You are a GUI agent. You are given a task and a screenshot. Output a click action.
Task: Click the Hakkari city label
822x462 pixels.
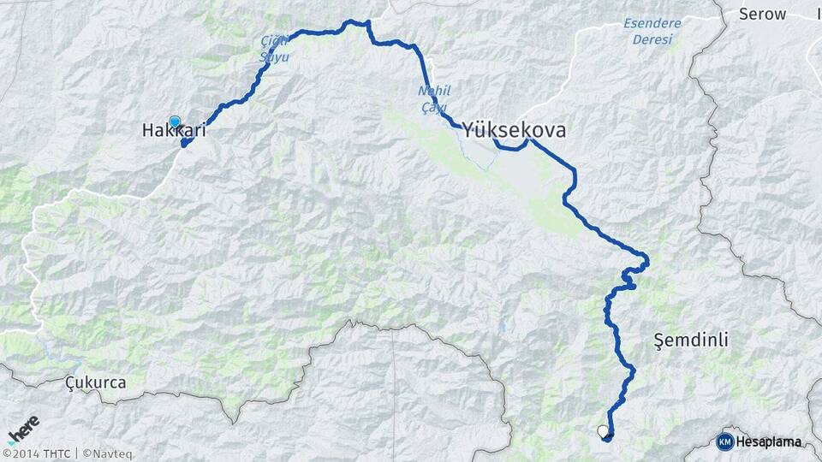click(x=174, y=132)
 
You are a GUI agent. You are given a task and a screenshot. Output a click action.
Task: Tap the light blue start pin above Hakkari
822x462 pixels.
click(x=175, y=122)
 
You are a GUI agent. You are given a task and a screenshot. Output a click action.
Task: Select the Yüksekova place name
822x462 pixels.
click(x=514, y=130)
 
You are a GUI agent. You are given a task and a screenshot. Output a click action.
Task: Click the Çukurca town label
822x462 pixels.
click(x=95, y=382)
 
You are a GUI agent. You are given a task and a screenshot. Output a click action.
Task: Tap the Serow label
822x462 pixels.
click(x=762, y=13)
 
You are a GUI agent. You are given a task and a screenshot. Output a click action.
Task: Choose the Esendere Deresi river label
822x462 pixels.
click(x=652, y=31)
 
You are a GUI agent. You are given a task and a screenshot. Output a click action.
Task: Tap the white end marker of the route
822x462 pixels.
click(x=603, y=431)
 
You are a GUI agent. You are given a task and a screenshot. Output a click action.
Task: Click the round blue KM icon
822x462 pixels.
click(x=724, y=441)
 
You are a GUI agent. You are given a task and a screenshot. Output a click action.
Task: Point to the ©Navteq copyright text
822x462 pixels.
click(x=108, y=453)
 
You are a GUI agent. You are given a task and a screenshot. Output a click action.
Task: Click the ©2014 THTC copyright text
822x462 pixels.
click(x=38, y=453)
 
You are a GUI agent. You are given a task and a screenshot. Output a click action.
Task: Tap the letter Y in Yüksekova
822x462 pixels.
click(x=470, y=130)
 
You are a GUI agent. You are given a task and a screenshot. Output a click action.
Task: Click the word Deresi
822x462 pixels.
click(x=652, y=39)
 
